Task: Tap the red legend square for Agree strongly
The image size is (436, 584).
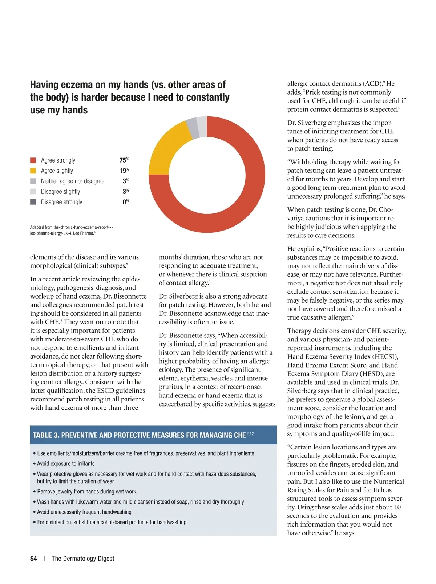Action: point(33,160)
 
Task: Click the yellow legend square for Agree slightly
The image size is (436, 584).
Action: point(33,171)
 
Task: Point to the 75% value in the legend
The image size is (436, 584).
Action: point(124,160)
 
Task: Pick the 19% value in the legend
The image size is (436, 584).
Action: point(124,171)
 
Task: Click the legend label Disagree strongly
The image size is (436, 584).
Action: point(61,202)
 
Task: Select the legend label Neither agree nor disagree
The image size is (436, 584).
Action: point(72,181)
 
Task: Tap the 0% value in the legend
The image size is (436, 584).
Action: point(125,202)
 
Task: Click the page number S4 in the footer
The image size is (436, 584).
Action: point(33,559)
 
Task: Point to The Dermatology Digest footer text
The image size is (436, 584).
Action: point(83,559)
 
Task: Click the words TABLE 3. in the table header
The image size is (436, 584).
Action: point(46,435)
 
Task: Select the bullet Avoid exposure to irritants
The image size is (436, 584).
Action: point(65,464)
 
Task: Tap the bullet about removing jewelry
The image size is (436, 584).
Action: point(86,492)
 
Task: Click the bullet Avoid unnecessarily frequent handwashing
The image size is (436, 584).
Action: point(84,512)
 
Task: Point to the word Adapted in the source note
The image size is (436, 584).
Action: point(37,228)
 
